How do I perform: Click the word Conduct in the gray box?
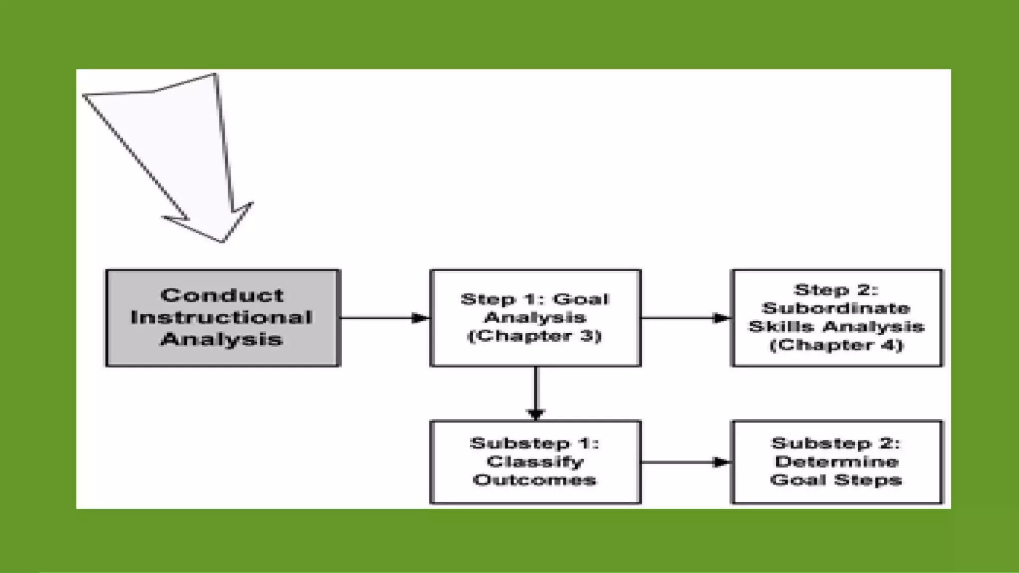click(222, 295)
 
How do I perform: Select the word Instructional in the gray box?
click(222, 317)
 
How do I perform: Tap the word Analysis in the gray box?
click(222, 340)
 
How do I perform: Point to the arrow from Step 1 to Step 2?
click(686, 318)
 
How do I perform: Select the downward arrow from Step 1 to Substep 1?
click(536, 393)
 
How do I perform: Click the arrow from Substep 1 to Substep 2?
click(686, 462)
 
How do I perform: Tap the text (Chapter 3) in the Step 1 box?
click(535, 336)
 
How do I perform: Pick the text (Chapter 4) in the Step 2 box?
click(836, 345)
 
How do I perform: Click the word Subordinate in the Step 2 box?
click(836, 308)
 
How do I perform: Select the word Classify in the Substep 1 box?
click(535, 462)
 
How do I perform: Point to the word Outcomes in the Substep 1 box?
click(535, 480)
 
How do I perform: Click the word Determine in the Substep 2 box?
click(836, 462)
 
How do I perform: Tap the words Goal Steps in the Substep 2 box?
click(836, 480)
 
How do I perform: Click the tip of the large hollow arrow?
click(222, 241)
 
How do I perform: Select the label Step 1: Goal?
click(535, 299)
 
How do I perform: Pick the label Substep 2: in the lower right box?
click(836, 443)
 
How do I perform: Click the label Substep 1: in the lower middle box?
click(535, 443)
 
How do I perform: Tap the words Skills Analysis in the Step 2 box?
click(836, 327)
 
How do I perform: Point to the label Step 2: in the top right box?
click(836, 290)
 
